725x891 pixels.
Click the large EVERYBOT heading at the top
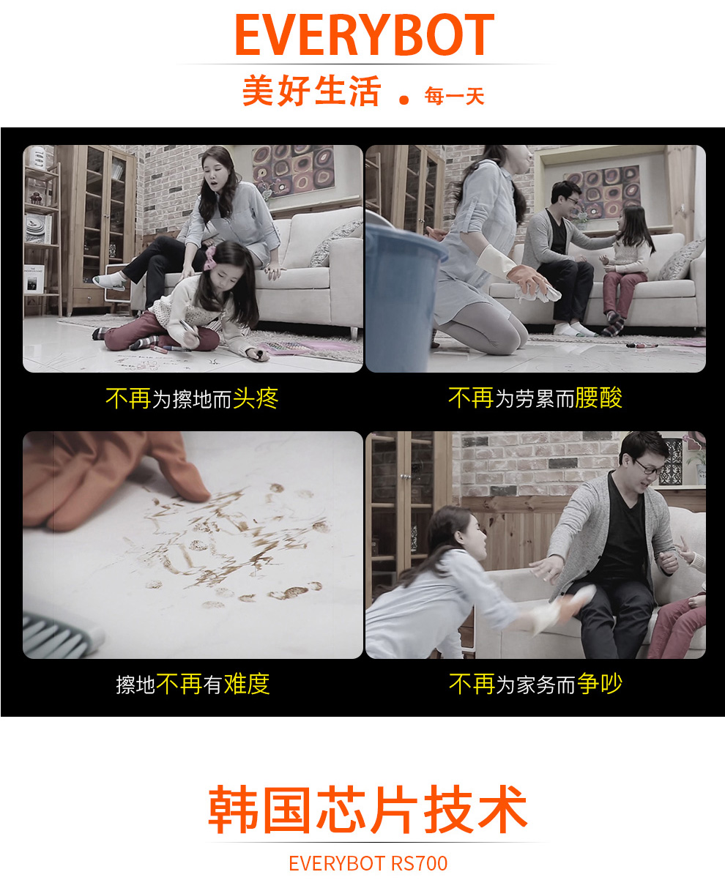tap(365, 34)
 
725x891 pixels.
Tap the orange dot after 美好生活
tap(404, 100)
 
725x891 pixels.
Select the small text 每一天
tap(454, 96)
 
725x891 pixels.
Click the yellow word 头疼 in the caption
tap(256, 398)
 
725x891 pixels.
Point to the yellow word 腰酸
tap(598, 398)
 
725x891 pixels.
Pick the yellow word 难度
tap(247, 684)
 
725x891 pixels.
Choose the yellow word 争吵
tap(599, 684)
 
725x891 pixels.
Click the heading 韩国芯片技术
tap(368, 810)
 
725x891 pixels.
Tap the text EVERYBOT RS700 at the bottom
tap(368, 864)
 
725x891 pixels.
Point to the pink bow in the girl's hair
tap(210, 258)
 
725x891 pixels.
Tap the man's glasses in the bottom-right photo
tap(648, 466)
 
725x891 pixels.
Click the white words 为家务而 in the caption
tap(535, 685)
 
